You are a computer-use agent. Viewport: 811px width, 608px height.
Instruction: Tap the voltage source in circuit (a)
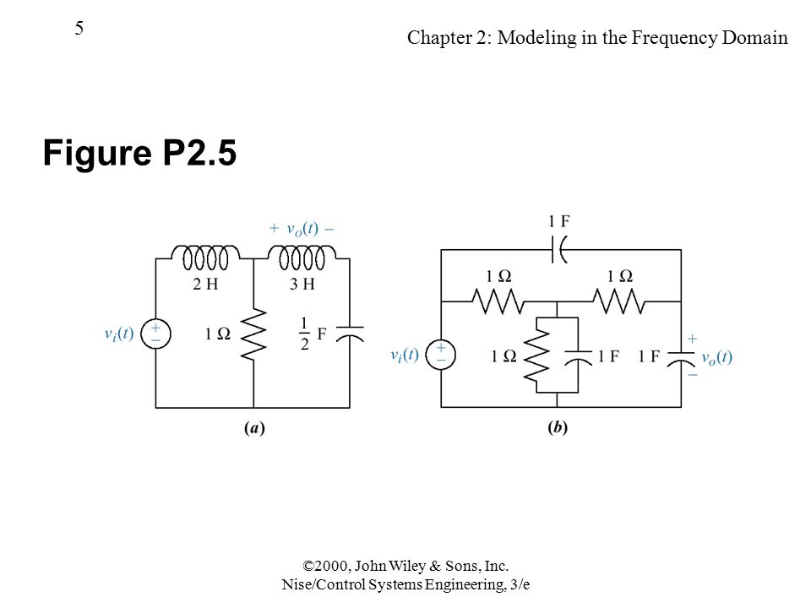pyautogui.click(x=155, y=334)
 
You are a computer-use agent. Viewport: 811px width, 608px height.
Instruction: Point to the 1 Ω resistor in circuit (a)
pyautogui.click(x=254, y=334)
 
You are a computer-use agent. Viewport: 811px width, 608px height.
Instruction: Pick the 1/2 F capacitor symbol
pyautogui.click(x=350, y=334)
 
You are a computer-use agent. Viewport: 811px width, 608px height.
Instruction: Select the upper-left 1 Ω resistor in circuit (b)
pyautogui.click(x=498, y=301)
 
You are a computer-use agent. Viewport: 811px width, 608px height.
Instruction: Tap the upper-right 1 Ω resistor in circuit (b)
pyautogui.click(x=619, y=301)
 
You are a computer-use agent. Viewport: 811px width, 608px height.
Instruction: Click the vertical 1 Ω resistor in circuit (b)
pyautogui.click(x=537, y=355)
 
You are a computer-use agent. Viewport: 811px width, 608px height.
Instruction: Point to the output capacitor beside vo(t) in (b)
pyautogui.click(x=681, y=358)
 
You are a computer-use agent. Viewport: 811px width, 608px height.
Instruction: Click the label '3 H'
pyautogui.click(x=302, y=284)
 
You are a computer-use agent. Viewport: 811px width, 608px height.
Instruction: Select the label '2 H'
pyautogui.click(x=205, y=284)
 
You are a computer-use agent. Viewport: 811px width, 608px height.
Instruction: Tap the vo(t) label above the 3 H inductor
pyautogui.click(x=302, y=229)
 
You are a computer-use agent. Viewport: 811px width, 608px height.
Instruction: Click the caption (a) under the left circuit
pyautogui.click(x=254, y=428)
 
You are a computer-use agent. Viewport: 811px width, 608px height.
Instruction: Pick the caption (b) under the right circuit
pyautogui.click(x=558, y=427)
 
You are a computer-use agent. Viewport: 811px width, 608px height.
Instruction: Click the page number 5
pyautogui.click(x=79, y=28)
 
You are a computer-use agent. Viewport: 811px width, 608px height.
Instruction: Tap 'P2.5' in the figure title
pyautogui.click(x=199, y=153)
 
